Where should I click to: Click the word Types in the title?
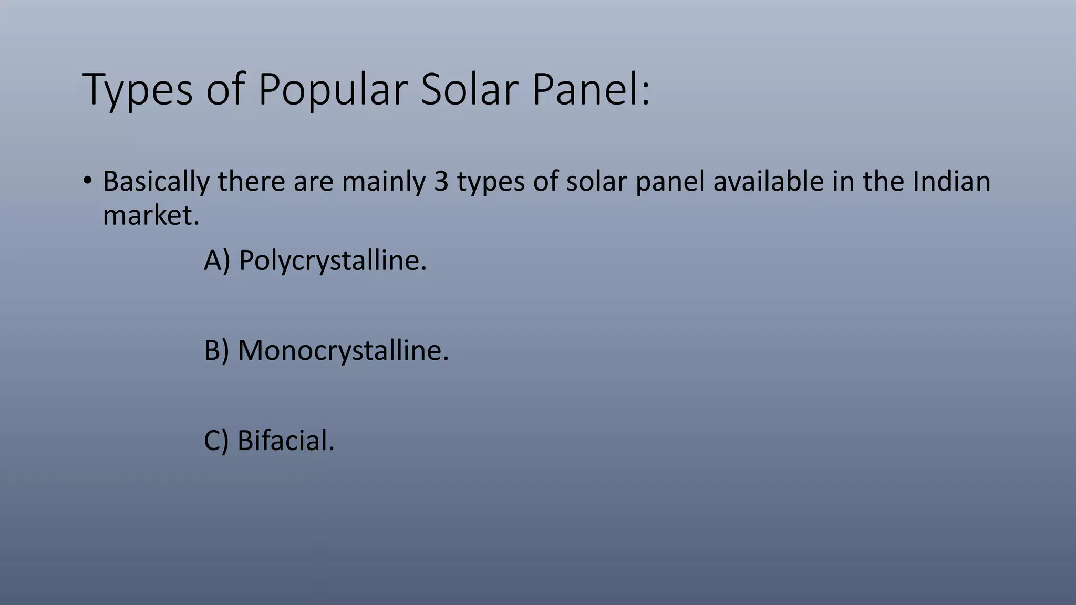138,90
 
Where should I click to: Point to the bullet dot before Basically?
87,181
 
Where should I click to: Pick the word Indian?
951,181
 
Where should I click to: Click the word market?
151,215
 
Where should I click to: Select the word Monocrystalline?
343,351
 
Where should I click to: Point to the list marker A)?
217,260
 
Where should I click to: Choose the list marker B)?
216,351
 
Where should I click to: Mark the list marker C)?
216,441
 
